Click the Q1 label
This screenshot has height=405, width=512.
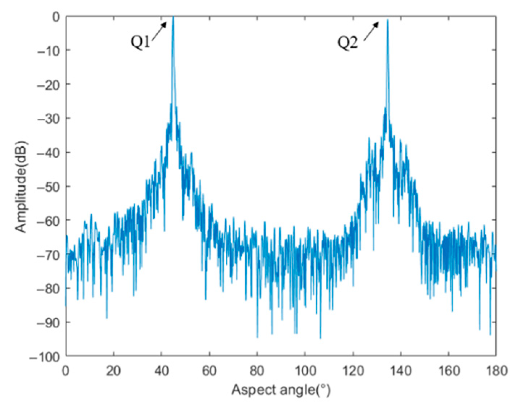coord(140,42)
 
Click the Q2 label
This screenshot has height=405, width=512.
coord(347,43)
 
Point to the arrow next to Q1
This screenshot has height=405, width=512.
coord(160,29)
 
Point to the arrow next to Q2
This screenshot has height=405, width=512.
coord(371,30)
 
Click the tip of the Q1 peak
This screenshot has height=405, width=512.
coord(173,17)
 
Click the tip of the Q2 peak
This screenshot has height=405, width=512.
coord(387,20)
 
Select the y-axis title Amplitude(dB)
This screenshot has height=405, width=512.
coord(21,186)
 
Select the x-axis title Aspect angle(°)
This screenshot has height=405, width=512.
coord(281,390)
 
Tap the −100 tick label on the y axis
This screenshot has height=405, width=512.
coord(45,357)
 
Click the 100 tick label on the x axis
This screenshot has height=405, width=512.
coord(305,371)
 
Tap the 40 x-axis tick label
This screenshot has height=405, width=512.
coord(161,371)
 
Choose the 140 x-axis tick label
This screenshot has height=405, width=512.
coord(400,371)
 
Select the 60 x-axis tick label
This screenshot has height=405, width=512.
coord(209,371)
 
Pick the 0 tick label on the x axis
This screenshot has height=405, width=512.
coord(66,371)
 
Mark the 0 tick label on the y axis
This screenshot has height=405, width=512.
coord(56,17)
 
